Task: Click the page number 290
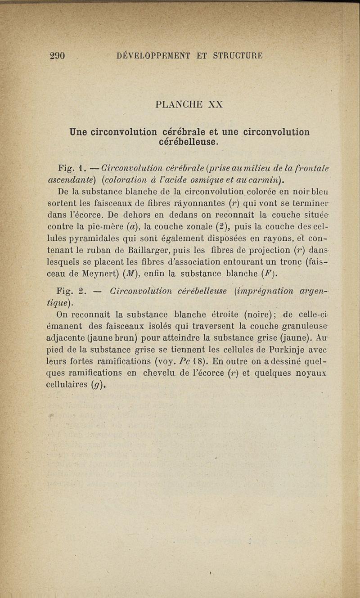pos(58,56)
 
